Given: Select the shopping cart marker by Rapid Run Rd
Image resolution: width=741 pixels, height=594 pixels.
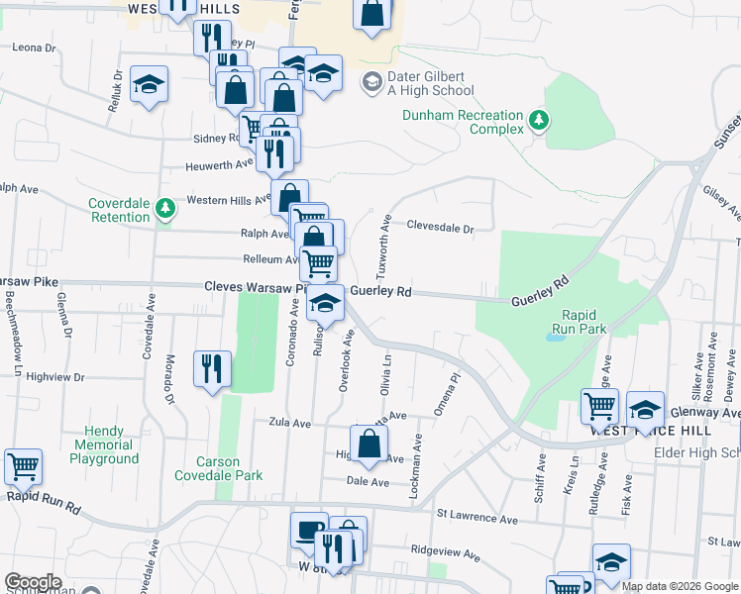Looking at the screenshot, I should point(23,464).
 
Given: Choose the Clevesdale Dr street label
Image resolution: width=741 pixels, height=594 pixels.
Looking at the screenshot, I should point(440,227).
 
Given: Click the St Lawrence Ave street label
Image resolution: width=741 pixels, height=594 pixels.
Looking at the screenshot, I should point(477,518).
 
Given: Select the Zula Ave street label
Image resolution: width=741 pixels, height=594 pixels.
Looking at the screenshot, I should point(289,423).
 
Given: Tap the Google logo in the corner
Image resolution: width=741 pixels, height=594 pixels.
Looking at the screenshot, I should point(33,582).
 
